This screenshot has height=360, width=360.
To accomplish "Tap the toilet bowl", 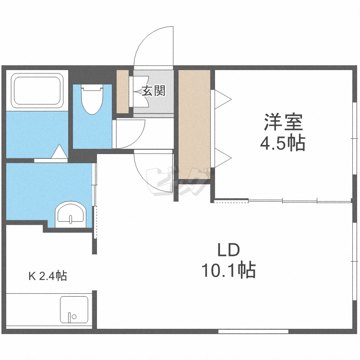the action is tap(92, 99).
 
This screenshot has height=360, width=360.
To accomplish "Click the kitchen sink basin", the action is tap(74, 310).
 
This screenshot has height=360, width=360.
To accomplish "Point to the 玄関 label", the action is tap(154, 91).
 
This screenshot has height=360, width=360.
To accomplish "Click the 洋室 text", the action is tap(284, 122).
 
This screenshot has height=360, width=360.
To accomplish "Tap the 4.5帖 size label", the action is tap(283, 143).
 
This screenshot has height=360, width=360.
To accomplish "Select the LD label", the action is tap(228, 250).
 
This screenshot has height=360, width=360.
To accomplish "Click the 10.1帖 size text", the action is tap(228, 270).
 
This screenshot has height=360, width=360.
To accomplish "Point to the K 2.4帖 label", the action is tap(48, 276).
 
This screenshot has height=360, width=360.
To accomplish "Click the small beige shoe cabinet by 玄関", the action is tap(122, 91).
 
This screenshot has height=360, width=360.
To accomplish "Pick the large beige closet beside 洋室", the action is tap(194, 124).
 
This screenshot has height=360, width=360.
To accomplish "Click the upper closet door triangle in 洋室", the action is tap(223, 99).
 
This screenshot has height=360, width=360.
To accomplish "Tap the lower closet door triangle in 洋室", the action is tap(223, 158).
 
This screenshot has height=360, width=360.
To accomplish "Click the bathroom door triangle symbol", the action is tap(60, 151).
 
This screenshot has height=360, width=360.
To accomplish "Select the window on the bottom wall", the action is tap(253, 331).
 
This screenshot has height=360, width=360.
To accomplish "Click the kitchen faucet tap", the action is tap(69, 317).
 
